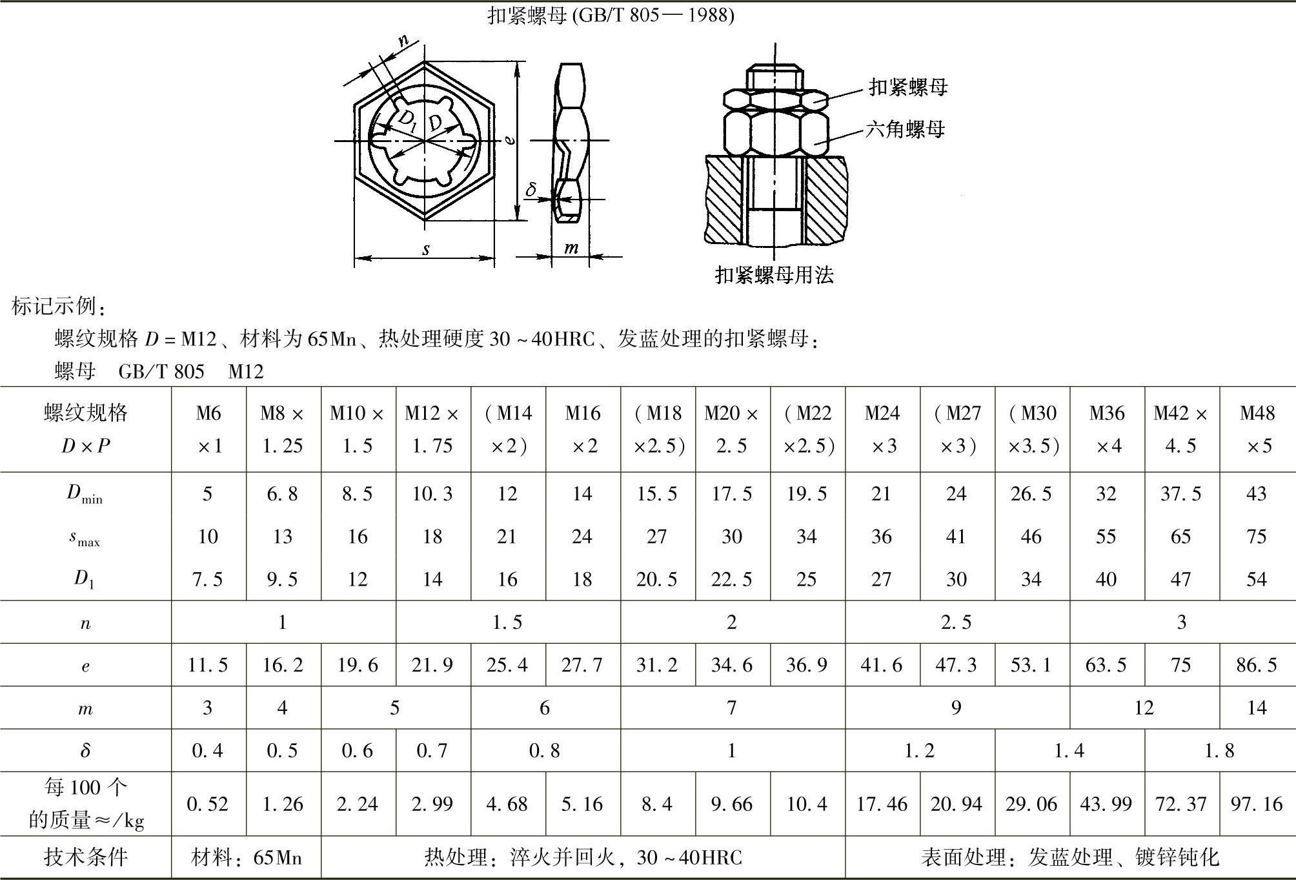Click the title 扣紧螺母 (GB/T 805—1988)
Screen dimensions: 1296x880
(x=611, y=15)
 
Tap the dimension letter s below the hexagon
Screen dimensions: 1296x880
(x=426, y=249)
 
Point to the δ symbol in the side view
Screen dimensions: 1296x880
(x=531, y=189)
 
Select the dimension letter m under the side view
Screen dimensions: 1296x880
(x=571, y=247)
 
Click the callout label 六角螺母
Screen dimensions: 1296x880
(x=905, y=130)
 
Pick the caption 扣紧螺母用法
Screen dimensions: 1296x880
(x=775, y=275)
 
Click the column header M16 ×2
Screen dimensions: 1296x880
(x=583, y=429)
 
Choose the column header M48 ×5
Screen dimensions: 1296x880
(x=1257, y=429)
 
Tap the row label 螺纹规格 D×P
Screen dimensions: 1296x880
(x=86, y=429)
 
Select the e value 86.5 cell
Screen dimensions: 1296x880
(x=1257, y=665)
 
